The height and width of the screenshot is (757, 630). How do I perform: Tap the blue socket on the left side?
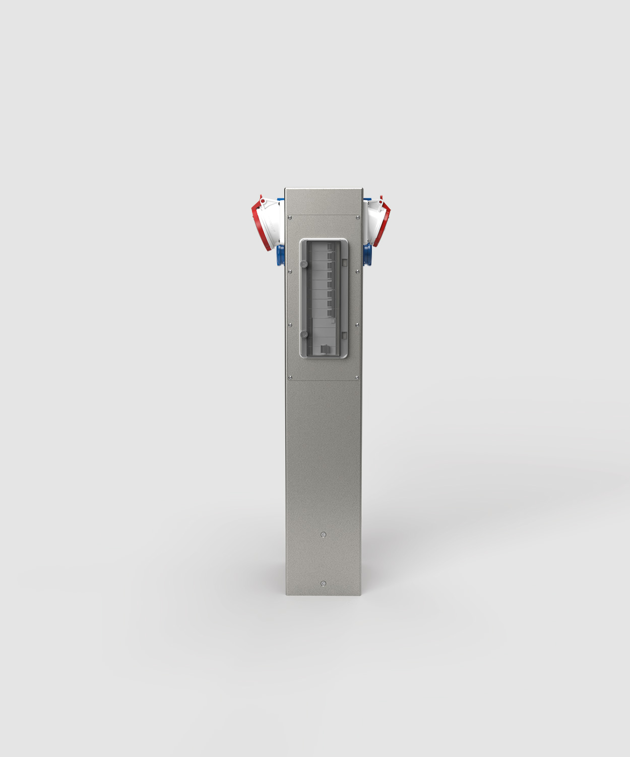point(280,255)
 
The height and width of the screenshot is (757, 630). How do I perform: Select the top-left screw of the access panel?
point(290,218)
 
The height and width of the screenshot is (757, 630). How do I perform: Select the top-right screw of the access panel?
point(357,218)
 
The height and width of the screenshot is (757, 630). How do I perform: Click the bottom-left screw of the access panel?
point(290,377)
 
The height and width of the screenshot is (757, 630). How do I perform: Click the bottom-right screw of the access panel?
point(357,377)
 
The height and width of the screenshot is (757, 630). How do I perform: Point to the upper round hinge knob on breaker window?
point(304,264)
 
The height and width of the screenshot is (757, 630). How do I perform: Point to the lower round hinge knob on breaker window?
point(304,334)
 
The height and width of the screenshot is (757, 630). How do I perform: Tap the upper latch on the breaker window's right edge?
point(344,262)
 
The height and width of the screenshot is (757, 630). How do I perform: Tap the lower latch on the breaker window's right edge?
point(344,335)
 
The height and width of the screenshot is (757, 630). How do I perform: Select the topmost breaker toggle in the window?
point(331,247)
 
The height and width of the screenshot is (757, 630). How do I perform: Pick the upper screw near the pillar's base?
point(324,535)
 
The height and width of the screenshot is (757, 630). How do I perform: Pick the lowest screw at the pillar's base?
point(324,584)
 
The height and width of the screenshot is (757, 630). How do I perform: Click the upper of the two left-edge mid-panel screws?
point(290,271)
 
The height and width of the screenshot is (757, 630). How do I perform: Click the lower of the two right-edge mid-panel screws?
point(357,325)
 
